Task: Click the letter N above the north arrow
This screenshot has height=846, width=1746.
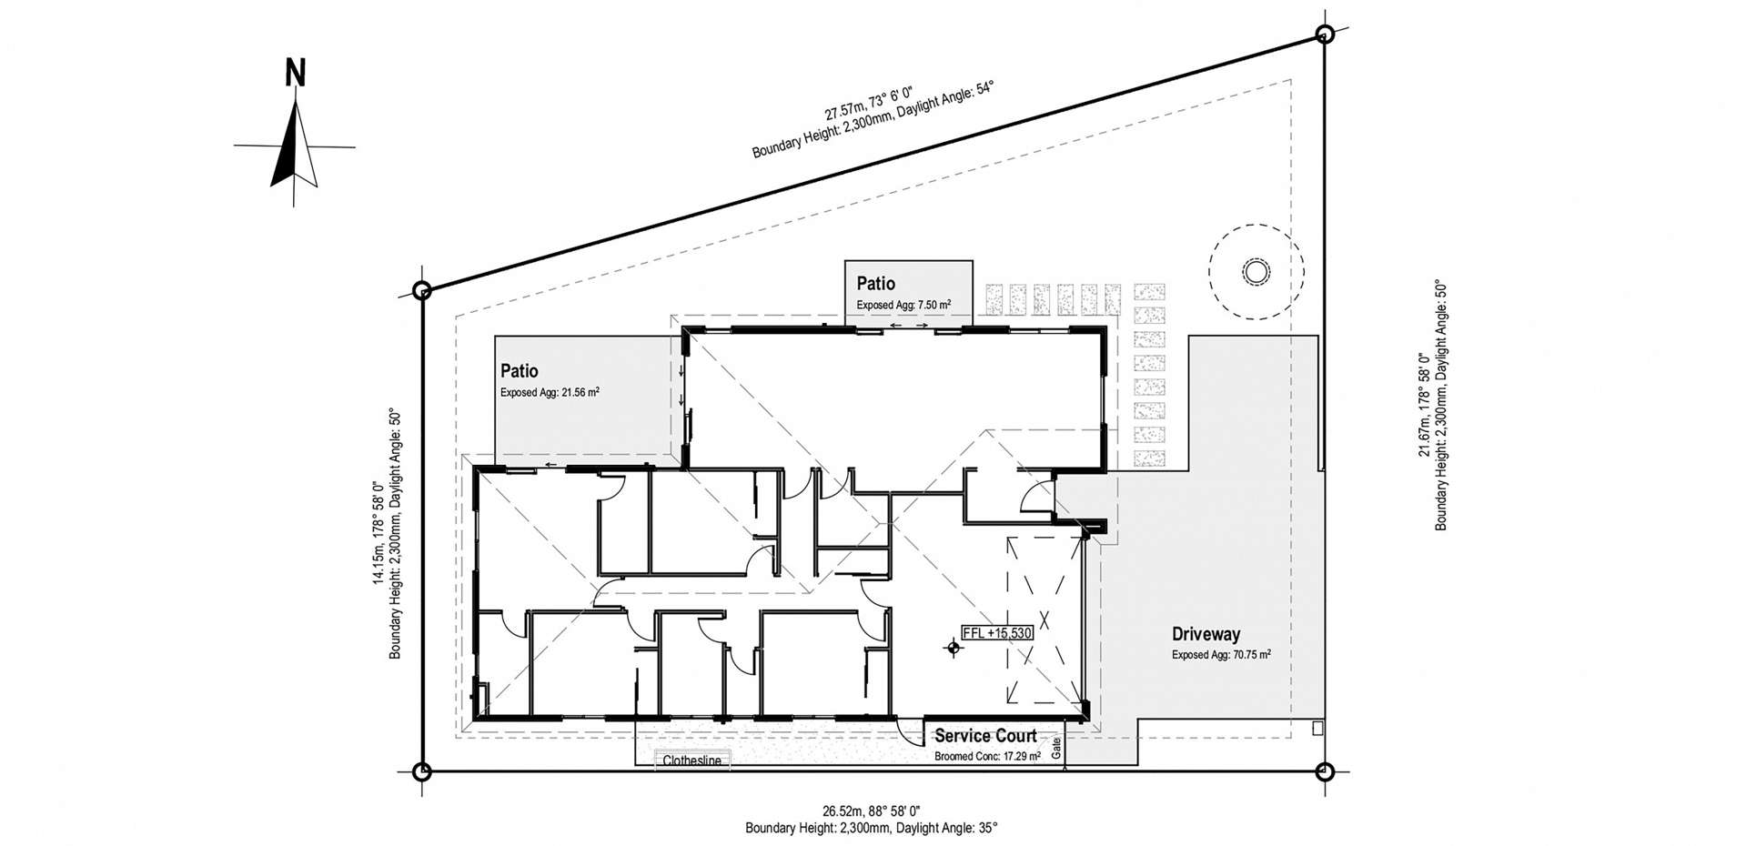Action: (x=295, y=73)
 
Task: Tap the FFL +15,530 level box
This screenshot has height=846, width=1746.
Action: (x=997, y=632)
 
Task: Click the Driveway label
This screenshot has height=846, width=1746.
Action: (x=1206, y=635)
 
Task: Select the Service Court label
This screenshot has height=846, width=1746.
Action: (x=985, y=736)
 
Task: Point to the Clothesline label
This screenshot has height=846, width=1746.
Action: (x=691, y=760)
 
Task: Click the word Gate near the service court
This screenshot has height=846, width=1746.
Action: (x=1056, y=749)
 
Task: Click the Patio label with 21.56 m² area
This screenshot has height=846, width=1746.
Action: (x=520, y=371)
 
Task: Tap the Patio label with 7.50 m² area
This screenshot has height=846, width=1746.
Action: (x=875, y=284)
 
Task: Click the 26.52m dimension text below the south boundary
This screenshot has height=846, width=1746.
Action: (x=872, y=811)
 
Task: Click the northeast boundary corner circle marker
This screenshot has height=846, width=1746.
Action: (x=1325, y=35)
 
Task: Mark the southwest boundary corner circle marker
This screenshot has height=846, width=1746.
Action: (x=421, y=772)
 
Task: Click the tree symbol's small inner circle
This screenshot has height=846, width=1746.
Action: (x=1255, y=272)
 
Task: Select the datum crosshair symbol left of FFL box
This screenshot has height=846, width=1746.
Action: (x=953, y=648)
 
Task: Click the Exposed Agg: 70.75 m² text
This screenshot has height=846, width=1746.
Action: (x=1220, y=654)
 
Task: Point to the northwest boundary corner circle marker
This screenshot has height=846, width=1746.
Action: (x=421, y=291)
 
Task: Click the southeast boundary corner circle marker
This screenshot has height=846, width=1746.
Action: (x=1325, y=772)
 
